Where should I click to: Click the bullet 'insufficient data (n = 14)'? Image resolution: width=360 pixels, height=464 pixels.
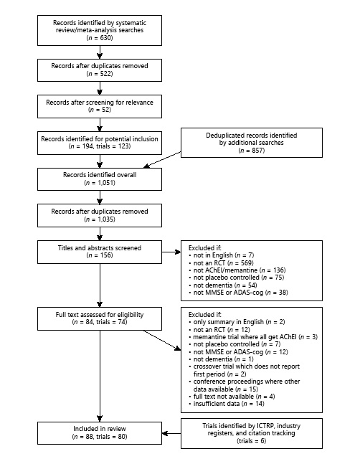(x=228, y=404)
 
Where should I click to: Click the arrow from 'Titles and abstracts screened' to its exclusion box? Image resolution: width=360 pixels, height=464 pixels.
(x=171, y=252)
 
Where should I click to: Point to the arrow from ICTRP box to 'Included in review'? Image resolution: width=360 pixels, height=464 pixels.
(x=172, y=433)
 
